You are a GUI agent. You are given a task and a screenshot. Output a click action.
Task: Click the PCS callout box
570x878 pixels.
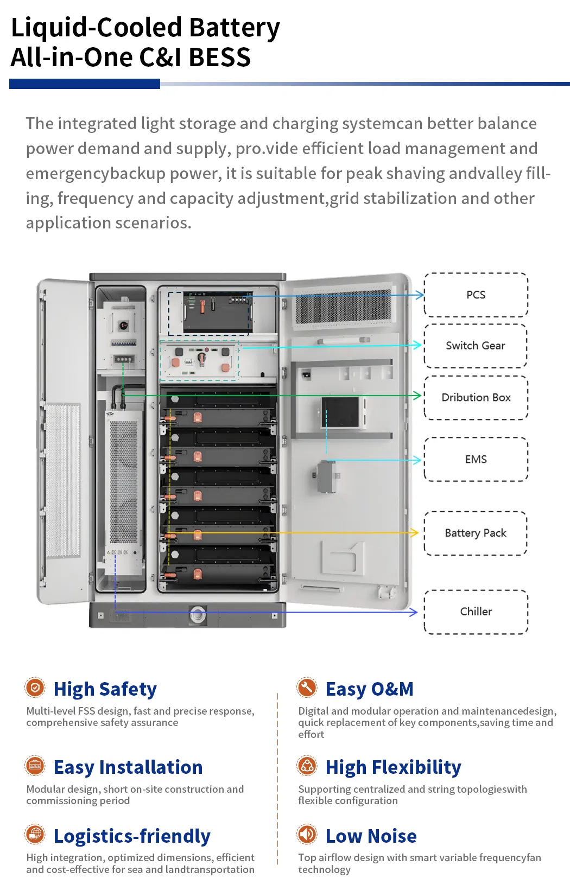(x=476, y=295)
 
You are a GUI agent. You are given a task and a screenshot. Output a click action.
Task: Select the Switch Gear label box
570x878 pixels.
(x=476, y=346)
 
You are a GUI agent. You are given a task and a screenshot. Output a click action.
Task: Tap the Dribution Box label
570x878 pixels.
(x=476, y=397)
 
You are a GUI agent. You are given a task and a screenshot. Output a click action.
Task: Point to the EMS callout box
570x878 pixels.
(x=476, y=459)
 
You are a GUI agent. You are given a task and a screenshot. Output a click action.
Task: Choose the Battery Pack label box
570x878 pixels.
(x=476, y=533)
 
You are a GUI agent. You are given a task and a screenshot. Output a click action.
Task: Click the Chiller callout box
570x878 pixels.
(x=476, y=612)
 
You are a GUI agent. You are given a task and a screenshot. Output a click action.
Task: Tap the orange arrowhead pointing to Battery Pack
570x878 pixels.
(x=415, y=533)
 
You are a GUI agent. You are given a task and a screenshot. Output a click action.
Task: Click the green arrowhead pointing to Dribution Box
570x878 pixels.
(x=417, y=396)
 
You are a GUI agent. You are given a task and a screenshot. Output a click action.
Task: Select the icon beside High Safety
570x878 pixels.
(x=35, y=688)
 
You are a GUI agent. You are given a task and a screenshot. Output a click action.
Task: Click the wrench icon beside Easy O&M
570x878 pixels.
(x=307, y=688)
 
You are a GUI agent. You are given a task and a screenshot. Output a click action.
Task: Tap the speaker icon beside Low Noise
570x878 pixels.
(x=307, y=834)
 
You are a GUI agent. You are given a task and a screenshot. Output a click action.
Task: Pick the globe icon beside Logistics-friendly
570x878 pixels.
(x=35, y=834)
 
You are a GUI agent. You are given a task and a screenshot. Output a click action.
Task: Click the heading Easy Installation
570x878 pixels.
(x=128, y=767)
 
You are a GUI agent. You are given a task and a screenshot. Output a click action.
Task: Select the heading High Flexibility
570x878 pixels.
(x=393, y=767)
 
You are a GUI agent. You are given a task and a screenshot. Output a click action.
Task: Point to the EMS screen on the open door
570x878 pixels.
(x=341, y=412)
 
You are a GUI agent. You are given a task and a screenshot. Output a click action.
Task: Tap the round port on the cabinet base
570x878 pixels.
(x=198, y=615)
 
